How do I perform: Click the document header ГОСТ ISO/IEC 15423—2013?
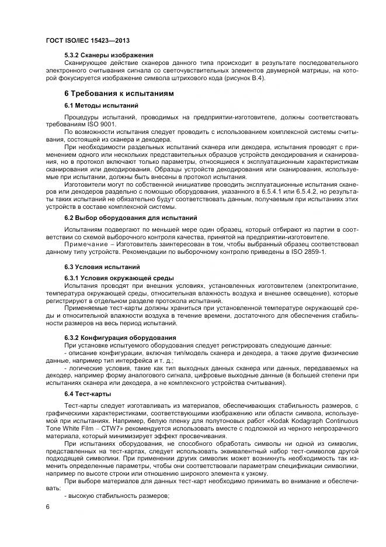[x=87, y=40]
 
